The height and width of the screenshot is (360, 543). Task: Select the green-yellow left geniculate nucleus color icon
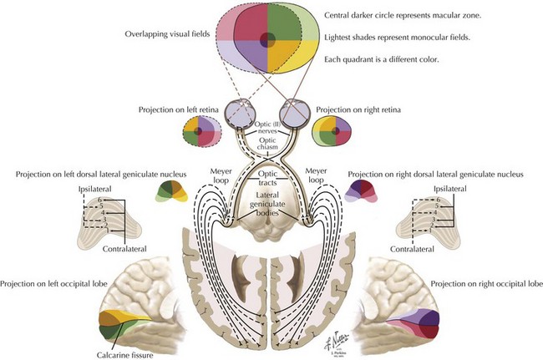tap(173, 193)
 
